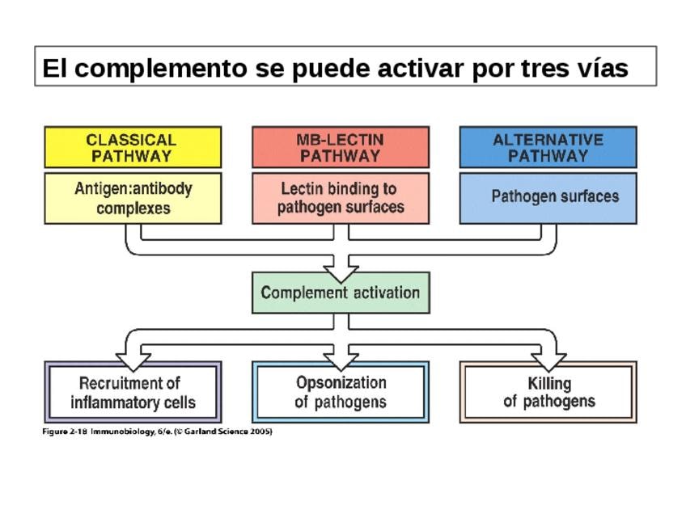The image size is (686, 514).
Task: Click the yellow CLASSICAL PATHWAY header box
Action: coord(132,147)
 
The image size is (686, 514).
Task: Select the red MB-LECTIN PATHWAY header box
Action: coord(341,147)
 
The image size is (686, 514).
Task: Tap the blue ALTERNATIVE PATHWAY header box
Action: coord(548,147)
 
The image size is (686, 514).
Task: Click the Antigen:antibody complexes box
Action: coord(132,198)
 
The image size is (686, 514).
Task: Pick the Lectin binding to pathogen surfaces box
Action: coord(341,198)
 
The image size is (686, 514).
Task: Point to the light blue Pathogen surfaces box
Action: coord(548,198)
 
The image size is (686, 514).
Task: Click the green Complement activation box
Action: coord(341,293)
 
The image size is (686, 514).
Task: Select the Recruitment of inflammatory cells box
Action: coord(132,392)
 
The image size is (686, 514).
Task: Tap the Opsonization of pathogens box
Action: coord(341,392)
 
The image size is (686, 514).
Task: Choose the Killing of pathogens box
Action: coord(548,392)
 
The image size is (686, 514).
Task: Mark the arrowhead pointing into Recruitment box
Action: coord(133,358)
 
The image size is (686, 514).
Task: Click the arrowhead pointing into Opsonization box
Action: coord(341,358)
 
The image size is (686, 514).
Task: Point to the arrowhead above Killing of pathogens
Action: coord(548,358)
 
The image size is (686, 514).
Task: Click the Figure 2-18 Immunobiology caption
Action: coord(157,432)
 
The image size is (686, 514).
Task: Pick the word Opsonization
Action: coord(341,382)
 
